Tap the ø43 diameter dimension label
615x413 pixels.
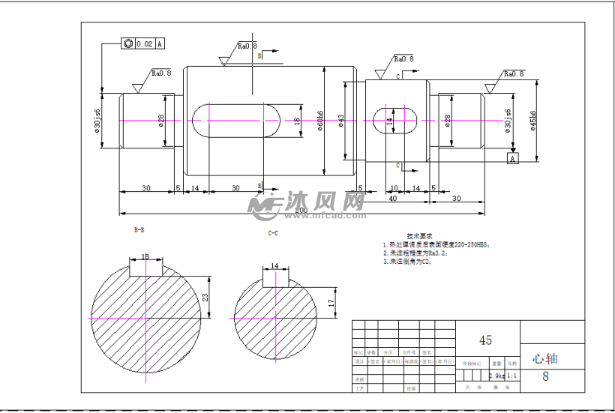[341, 121]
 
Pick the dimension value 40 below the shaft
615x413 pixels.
[392, 199]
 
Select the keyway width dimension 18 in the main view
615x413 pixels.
[297, 121]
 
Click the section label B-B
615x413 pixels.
[140, 228]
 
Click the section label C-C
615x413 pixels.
[274, 234]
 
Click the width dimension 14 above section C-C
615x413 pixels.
[274, 265]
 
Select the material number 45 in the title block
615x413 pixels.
[485, 340]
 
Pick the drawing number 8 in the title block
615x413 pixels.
[545, 377]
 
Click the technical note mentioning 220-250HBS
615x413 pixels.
[436, 244]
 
